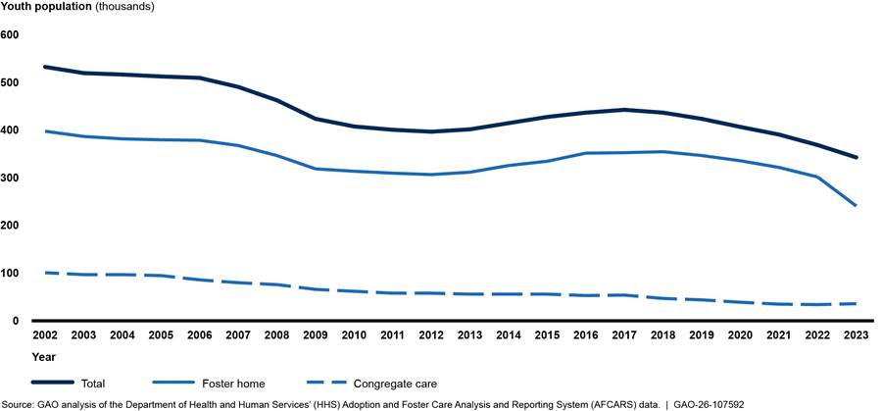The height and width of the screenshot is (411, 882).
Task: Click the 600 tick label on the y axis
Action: [11, 34]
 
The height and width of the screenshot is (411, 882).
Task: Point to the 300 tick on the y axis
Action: [11, 178]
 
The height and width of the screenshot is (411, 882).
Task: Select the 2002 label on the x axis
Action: [45, 336]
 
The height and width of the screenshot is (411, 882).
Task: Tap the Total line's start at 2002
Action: [45, 67]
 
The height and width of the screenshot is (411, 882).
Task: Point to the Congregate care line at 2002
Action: [45, 272]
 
